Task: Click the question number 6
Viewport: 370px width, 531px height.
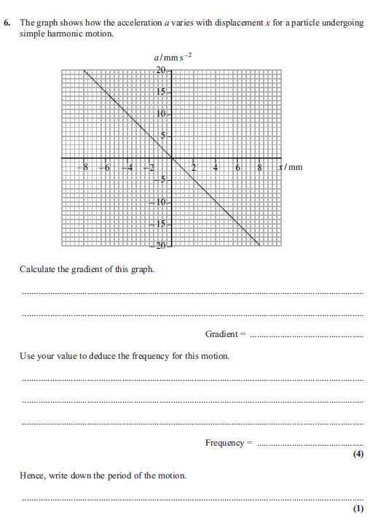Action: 7,23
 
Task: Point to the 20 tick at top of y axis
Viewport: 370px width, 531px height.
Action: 162,69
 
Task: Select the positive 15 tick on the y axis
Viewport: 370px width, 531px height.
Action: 162,92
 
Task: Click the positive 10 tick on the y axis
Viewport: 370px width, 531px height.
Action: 162,114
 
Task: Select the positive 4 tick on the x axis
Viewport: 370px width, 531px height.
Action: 216,168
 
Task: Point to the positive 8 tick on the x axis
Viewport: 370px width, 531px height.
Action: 260,168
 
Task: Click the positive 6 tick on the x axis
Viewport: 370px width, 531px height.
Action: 238,168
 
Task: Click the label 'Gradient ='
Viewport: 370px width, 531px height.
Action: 226,334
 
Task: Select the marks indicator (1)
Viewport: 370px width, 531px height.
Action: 358,508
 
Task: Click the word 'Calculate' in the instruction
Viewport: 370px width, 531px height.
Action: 38,269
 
